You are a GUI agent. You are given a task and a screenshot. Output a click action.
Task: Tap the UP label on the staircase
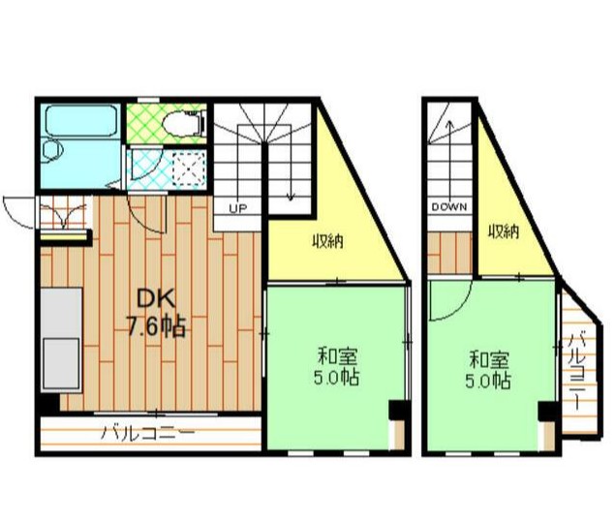tap(238, 209)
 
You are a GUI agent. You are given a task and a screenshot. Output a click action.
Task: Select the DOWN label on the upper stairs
tap(449, 206)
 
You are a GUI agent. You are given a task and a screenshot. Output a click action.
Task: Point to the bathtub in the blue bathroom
tap(81, 120)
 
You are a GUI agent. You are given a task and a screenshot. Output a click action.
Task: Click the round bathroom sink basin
tap(53, 151)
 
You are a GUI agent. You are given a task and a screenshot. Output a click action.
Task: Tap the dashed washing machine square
tap(189, 168)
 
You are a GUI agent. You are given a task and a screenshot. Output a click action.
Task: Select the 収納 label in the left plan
tap(327, 241)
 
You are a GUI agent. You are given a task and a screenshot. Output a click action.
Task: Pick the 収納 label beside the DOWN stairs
tap(504, 231)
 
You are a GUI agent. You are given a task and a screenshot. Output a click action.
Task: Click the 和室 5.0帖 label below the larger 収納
tap(336, 368)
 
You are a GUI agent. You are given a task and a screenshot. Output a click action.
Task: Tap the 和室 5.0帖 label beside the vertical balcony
tap(488, 369)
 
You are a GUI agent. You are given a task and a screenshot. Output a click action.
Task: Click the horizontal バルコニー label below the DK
tap(148, 434)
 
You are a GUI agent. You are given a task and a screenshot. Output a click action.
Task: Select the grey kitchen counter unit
tap(61, 340)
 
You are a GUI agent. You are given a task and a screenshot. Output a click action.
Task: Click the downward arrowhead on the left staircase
tap(291, 197)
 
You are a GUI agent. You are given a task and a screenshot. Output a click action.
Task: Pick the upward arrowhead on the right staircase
tap(449, 125)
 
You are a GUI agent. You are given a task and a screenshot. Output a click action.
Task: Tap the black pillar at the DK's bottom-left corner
tap(50, 402)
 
